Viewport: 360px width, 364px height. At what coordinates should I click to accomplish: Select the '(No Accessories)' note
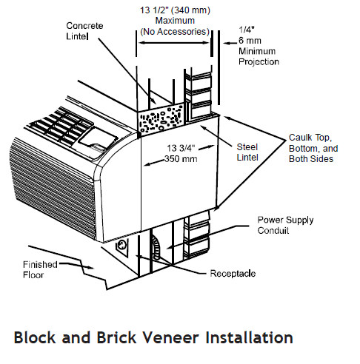(x=174, y=32)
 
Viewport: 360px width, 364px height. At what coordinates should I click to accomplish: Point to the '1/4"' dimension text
(x=246, y=30)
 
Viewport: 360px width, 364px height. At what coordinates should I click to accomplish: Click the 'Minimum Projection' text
(x=259, y=56)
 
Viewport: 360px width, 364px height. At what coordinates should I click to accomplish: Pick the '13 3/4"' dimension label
(x=179, y=148)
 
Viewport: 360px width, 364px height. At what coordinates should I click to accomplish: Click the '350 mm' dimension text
(x=179, y=158)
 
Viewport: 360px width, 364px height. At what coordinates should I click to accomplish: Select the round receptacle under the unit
(x=121, y=243)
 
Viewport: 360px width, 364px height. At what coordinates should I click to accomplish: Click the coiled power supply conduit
(x=155, y=245)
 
